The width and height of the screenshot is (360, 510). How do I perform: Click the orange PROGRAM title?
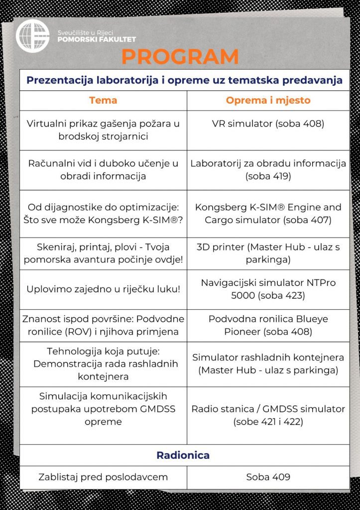(x=180, y=57)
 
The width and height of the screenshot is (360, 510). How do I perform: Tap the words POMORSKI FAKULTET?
(x=97, y=39)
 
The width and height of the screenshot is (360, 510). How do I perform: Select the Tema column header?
(x=103, y=100)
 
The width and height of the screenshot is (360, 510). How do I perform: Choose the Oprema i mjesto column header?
(x=268, y=100)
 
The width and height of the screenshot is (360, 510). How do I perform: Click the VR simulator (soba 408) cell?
(x=268, y=124)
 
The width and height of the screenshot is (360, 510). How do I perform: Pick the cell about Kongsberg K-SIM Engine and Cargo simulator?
(x=268, y=213)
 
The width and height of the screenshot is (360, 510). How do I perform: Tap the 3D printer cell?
(x=268, y=253)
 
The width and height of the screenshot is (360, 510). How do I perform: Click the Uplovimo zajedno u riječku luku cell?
(x=103, y=289)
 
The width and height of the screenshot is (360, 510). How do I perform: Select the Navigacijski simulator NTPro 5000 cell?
(x=268, y=289)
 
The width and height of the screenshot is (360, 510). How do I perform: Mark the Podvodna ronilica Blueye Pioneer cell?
(x=268, y=325)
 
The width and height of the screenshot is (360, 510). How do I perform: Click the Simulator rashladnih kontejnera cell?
(x=268, y=364)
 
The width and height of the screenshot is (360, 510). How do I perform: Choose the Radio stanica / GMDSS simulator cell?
(x=268, y=415)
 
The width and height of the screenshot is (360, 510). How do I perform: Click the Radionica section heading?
(x=183, y=455)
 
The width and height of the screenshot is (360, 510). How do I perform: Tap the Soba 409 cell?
(x=268, y=477)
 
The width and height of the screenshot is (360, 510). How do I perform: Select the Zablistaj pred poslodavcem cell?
(x=103, y=477)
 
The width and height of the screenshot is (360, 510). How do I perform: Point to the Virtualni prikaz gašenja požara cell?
(x=103, y=129)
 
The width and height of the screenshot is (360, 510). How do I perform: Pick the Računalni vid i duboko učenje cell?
(x=103, y=169)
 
